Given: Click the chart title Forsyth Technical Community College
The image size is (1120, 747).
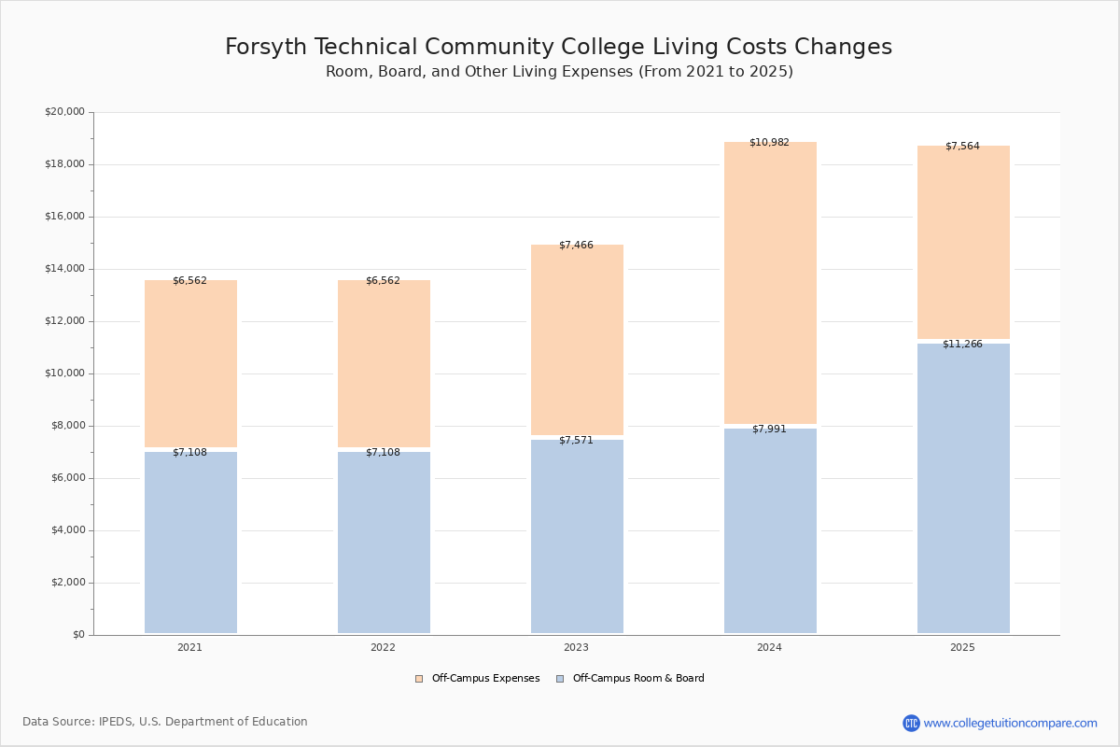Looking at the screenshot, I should tap(558, 48).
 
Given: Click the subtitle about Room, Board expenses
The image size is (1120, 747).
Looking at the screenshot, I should tap(559, 72).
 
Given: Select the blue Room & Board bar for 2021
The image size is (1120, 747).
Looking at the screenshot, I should tap(190, 542).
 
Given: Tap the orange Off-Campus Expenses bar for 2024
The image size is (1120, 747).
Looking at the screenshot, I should tap(770, 285).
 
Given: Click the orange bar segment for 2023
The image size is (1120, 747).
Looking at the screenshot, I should tap(577, 341).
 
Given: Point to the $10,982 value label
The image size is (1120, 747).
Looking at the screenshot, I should tap(769, 143).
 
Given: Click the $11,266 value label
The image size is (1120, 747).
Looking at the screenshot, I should tap(962, 345).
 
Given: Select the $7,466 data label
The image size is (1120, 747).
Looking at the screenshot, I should tap(576, 246).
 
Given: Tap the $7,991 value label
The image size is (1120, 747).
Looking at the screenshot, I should tap(769, 430).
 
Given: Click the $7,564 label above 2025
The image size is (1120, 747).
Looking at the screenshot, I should tap(962, 147).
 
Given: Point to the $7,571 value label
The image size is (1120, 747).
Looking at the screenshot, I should tap(576, 441).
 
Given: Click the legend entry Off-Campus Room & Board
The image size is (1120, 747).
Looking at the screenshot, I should tap(637, 679).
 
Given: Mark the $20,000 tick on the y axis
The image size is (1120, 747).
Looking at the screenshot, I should tap(64, 112).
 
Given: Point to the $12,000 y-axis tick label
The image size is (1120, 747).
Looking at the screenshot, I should tap(64, 321).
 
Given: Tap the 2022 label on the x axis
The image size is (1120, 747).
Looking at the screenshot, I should tap(383, 647).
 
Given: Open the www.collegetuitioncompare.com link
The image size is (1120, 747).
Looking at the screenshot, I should tap(1010, 723).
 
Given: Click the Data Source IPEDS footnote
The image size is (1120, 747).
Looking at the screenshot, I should tap(165, 722).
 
